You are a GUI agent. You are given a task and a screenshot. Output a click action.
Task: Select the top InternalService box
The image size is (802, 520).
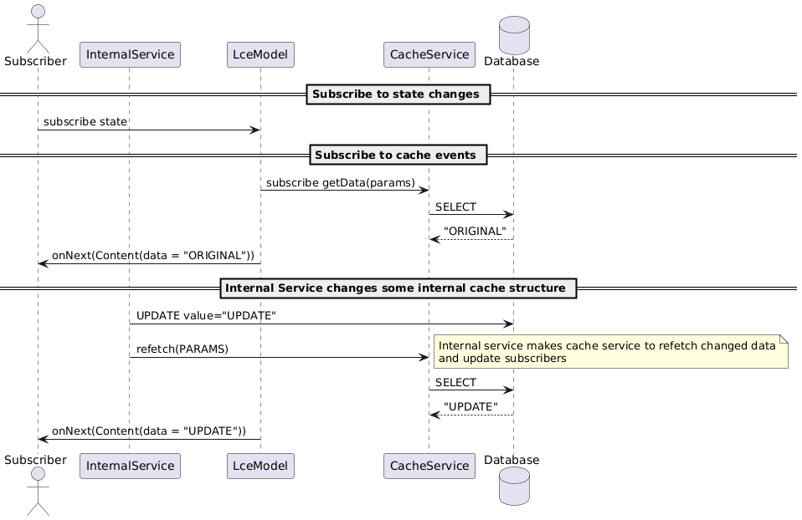pyautogui.click(x=130, y=55)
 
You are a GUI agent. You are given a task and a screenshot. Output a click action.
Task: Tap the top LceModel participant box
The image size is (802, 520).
pyautogui.click(x=260, y=55)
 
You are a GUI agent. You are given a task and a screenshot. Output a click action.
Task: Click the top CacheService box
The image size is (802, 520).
pyautogui.click(x=429, y=55)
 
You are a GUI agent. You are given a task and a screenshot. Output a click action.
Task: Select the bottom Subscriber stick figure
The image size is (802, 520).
pyautogui.click(x=38, y=492)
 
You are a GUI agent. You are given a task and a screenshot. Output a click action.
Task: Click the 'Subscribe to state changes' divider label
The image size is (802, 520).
pyautogui.click(x=398, y=94)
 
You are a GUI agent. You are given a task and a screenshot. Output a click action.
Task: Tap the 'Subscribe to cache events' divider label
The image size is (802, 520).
pyautogui.click(x=398, y=155)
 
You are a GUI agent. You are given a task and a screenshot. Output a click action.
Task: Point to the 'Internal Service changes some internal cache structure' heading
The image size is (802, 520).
pyautogui.click(x=398, y=288)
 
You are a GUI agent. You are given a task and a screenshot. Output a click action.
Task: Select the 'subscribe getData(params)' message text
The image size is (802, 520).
pyautogui.click(x=341, y=182)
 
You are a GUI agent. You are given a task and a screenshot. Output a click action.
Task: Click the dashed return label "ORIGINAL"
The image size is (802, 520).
pyautogui.click(x=475, y=231)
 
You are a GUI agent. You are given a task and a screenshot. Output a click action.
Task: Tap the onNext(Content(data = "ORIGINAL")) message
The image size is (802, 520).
pyautogui.click(x=152, y=255)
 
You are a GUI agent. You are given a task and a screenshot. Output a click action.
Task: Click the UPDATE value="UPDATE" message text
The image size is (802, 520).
pyautogui.click(x=206, y=315)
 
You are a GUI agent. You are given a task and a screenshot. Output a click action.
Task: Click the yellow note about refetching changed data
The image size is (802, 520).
pyautogui.click(x=610, y=352)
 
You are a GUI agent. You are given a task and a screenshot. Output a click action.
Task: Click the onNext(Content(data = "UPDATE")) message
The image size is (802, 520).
pyautogui.click(x=149, y=431)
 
